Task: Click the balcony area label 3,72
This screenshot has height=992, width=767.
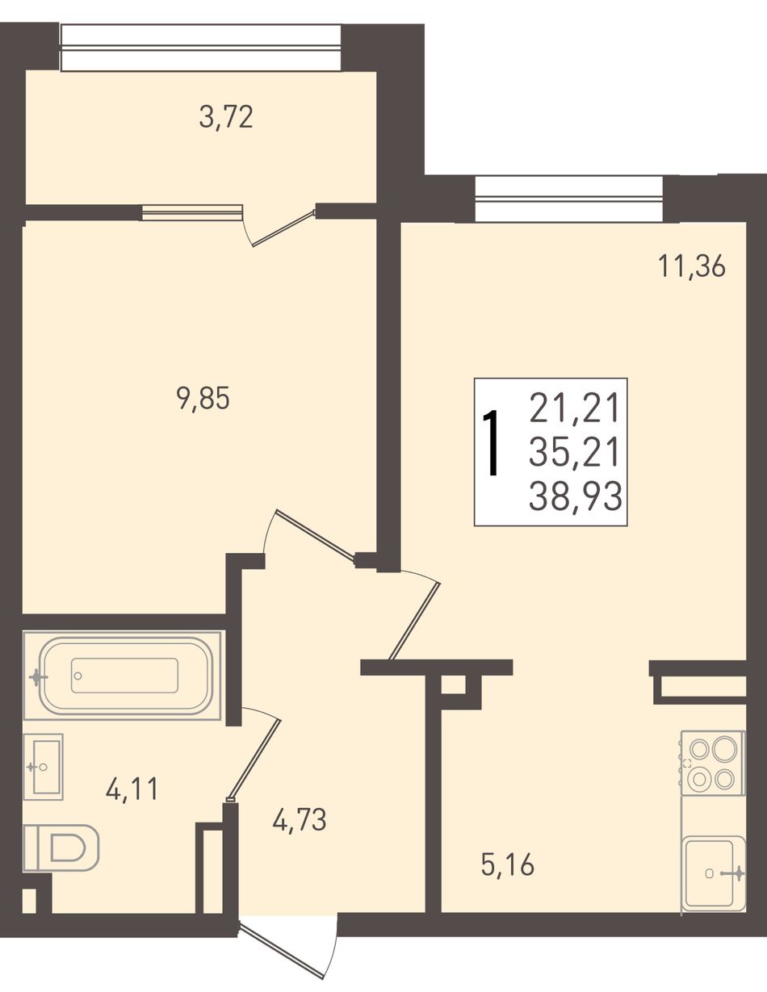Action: pos(226,118)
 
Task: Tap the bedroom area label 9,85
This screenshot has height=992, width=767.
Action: pos(203,399)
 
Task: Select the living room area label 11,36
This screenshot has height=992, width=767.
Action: pos(692,266)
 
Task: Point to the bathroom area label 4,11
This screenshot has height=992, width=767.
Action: pos(132,789)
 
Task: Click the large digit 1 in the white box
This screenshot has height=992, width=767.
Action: pos(492,442)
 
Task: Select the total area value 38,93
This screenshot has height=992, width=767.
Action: pos(575,496)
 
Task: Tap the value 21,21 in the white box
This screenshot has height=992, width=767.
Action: pos(574,408)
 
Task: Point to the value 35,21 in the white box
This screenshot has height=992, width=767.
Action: pos(574,452)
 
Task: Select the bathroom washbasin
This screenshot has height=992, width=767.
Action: pos(43,767)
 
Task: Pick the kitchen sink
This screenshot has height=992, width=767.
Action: pos(715,872)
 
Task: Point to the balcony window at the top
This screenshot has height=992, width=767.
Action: pos(201,48)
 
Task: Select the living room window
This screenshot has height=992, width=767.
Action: pos(568,199)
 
